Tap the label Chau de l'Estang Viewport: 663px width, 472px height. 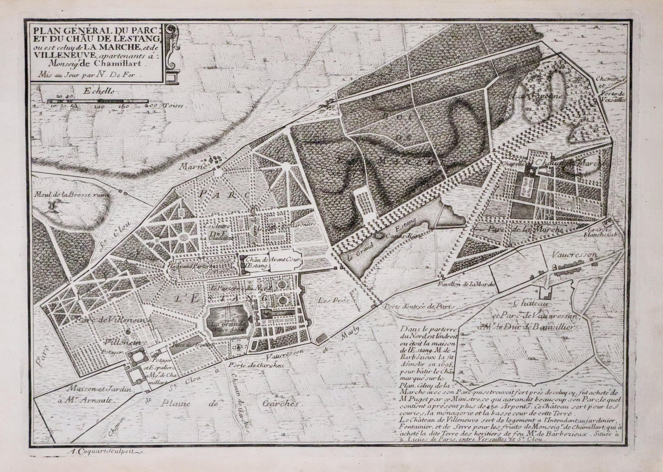click(x=257, y=262)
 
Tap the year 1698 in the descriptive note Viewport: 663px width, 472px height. click(x=441, y=363)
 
